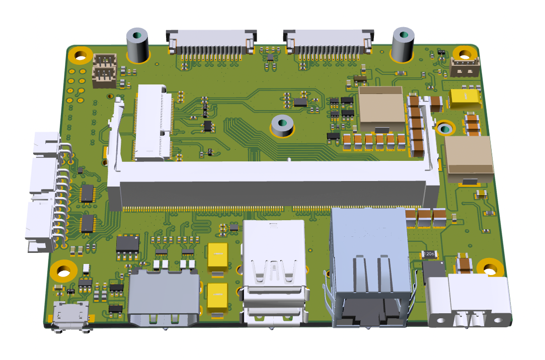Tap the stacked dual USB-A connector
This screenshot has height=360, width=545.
point(274,274)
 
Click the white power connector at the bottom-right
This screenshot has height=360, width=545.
point(469,301)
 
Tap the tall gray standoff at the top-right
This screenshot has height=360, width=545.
point(403,44)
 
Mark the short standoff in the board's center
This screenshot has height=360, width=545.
point(282,126)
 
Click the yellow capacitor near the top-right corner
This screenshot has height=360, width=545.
point(465,99)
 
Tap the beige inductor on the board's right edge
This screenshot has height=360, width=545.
point(468,156)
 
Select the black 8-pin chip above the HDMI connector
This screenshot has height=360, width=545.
point(128,243)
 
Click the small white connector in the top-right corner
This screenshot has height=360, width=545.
point(464,67)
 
